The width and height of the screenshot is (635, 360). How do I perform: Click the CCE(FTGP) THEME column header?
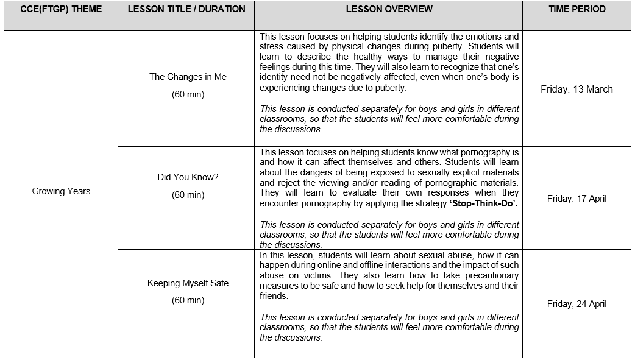tap(61, 9)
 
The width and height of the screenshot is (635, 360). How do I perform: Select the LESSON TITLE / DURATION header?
tap(186, 9)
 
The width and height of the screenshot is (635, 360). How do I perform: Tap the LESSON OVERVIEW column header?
tap(389, 9)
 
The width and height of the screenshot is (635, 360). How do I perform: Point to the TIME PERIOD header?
tap(576, 9)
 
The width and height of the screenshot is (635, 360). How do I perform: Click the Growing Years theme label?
tap(61, 191)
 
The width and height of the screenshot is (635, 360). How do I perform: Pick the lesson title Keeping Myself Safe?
tap(188, 283)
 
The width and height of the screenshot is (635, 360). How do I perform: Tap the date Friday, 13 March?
tap(576, 89)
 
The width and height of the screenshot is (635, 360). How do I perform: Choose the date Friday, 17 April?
tap(576, 199)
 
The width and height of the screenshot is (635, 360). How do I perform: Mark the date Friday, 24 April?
tap(576, 304)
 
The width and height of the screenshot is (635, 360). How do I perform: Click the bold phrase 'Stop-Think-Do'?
tap(483, 203)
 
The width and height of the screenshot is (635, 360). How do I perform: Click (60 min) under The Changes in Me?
tap(188, 94)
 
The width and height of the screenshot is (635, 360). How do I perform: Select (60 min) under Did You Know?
tap(188, 195)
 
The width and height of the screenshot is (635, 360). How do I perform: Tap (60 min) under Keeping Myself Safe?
tap(188, 300)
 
